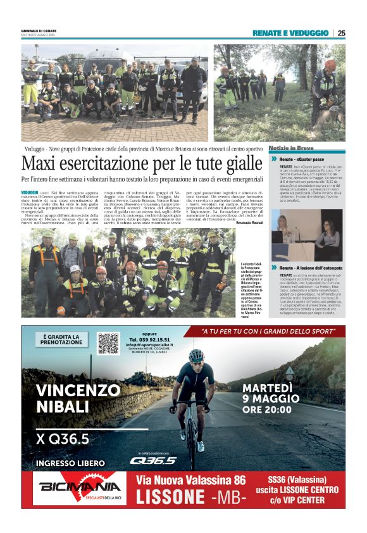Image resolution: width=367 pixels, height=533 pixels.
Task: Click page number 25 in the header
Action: [341, 33]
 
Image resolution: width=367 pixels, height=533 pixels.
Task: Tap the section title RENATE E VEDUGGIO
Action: [290, 33]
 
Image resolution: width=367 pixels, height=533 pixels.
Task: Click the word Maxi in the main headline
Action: [42, 164]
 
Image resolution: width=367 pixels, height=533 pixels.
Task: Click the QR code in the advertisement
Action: [108, 342]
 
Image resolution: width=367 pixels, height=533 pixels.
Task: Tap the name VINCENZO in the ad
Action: [75, 389]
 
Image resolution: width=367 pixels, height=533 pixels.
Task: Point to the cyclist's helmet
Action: [197, 356]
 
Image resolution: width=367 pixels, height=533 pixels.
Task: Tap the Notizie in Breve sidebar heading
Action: [291, 147]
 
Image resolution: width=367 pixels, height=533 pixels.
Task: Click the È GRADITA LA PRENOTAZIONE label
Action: [61, 340]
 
